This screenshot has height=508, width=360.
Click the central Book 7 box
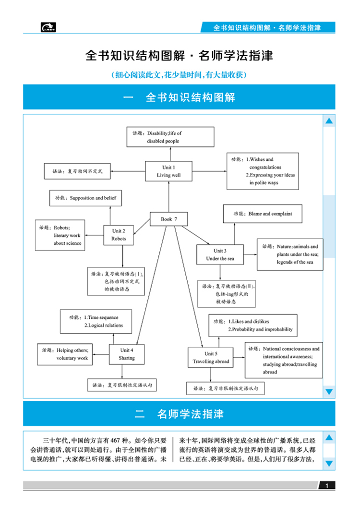pos(169,219)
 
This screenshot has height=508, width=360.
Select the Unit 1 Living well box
pos(168,171)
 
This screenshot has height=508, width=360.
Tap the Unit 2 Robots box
pos(119,235)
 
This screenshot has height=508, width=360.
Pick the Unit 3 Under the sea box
pos(220,254)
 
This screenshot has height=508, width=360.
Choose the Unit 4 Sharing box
pos(127,354)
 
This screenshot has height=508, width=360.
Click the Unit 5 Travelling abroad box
pos(211,358)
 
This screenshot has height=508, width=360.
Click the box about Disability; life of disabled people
pos(170,137)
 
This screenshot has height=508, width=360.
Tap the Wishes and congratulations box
pos(263,171)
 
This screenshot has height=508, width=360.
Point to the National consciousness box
pos(283,360)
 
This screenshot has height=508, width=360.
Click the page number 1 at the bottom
pos(326,486)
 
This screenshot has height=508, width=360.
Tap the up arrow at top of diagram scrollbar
pos(329,121)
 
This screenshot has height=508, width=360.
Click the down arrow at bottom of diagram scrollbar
pos(329,392)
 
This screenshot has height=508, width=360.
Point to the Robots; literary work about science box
pos(60,236)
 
